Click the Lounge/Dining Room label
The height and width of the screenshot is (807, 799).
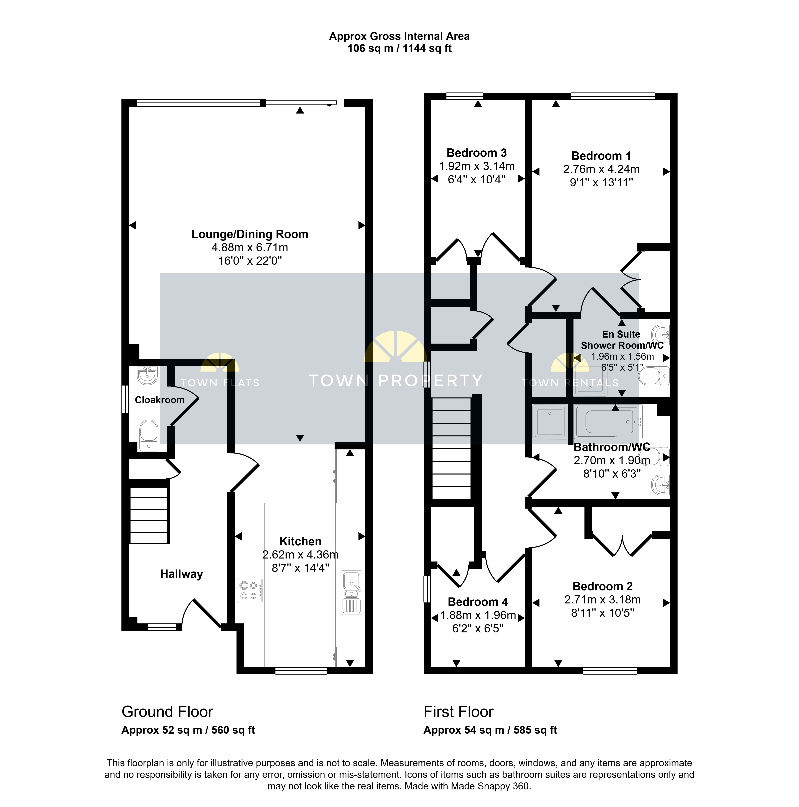(x=250, y=234)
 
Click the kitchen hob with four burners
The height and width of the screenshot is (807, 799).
(x=250, y=590)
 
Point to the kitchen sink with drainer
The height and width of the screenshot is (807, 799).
(x=352, y=592)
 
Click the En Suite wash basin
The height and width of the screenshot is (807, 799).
(x=661, y=335)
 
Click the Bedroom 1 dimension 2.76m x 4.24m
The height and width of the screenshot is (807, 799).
(x=601, y=169)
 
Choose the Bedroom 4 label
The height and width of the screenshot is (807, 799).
(x=478, y=602)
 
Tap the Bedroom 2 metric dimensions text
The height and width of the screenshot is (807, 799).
(x=602, y=600)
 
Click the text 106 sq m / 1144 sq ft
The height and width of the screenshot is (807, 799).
(x=399, y=49)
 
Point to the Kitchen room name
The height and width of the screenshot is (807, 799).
(x=300, y=541)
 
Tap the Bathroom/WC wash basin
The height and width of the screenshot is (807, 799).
(x=661, y=485)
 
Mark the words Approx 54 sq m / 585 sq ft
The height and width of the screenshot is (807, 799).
(x=490, y=730)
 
